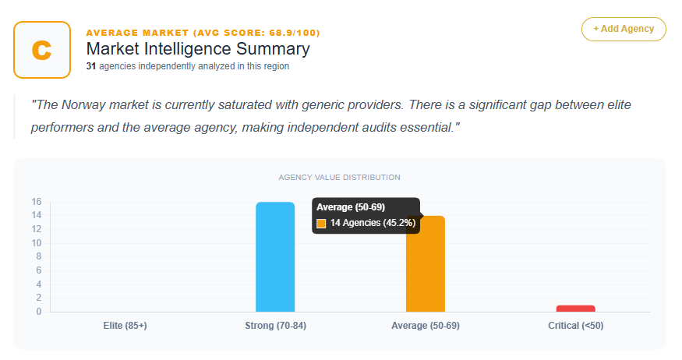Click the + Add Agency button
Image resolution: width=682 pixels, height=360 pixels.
coord(624,29)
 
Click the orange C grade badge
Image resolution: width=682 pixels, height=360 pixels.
coord(42,50)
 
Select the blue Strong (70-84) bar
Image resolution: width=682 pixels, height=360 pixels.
coord(275,257)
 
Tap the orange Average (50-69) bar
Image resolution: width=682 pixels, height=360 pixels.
coord(425,265)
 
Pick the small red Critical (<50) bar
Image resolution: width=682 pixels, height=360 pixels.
coord(575,309)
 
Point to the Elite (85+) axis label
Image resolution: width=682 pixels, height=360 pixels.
coord(125,326)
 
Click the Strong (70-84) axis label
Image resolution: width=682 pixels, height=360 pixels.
coord(275,326)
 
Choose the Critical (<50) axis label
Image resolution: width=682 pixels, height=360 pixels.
coord(575,326)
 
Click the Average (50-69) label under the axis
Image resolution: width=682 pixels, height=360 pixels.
coord(425,326)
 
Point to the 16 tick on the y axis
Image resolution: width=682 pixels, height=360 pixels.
coord(37,202)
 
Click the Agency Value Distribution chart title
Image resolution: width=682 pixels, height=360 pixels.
coord(339,178)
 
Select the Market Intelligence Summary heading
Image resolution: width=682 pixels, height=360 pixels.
coord(198,49)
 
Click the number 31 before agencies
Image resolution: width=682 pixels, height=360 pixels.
coord(90,67)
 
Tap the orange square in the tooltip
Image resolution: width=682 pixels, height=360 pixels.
coord(321,224)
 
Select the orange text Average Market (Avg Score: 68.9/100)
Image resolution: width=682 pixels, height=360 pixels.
coord(203,33)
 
